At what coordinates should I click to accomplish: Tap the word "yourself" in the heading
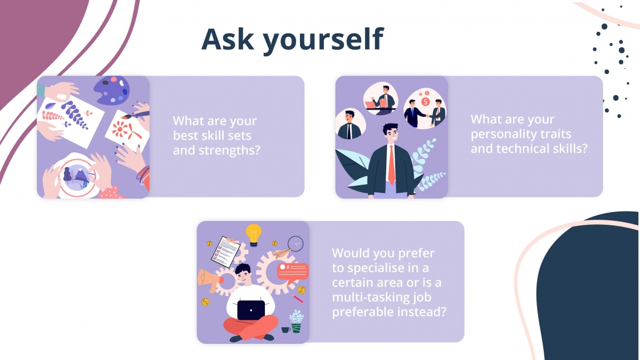[x=323, y=40]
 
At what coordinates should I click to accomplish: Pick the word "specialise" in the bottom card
[x=377, y=268]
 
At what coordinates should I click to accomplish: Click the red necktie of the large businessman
[x=391, y=164]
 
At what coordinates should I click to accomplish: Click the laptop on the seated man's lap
[x=250, y=310]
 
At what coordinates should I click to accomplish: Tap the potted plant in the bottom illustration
[x=296, y=322]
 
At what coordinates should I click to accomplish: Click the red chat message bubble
[x=292, y=271]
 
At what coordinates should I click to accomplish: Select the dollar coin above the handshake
[x=426, y=102]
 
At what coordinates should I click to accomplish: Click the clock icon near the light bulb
[x=296, y=244]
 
